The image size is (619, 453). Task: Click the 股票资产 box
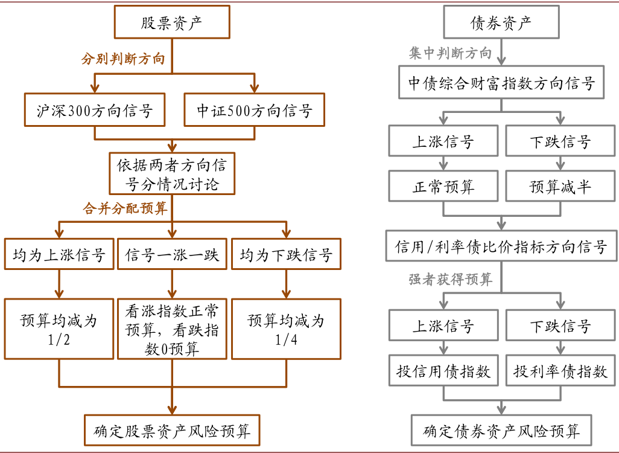coord(172,23)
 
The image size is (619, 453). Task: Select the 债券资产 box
coord(501,23)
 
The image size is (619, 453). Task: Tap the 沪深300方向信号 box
coord(95,111)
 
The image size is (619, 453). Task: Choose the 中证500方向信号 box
coord(254,111)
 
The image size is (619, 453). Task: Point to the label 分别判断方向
coord(123,59)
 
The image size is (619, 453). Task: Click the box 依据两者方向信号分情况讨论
coord(172,173)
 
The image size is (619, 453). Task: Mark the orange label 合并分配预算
coord(125,208)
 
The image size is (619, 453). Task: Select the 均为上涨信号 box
coord(59,254)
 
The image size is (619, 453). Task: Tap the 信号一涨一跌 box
coord(172,254)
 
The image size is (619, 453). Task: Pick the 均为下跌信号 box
coord(286,254)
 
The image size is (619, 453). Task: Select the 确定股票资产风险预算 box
coord(172,431)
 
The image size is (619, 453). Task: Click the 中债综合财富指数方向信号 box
coord(501,83)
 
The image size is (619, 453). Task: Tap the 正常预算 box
coord(443,187)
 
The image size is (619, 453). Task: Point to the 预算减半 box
coord(560,187)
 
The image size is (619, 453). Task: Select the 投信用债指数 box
coord(443,371)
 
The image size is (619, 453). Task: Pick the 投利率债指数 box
coord(560,371)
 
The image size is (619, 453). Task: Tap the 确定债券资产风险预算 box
coord(501,431)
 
